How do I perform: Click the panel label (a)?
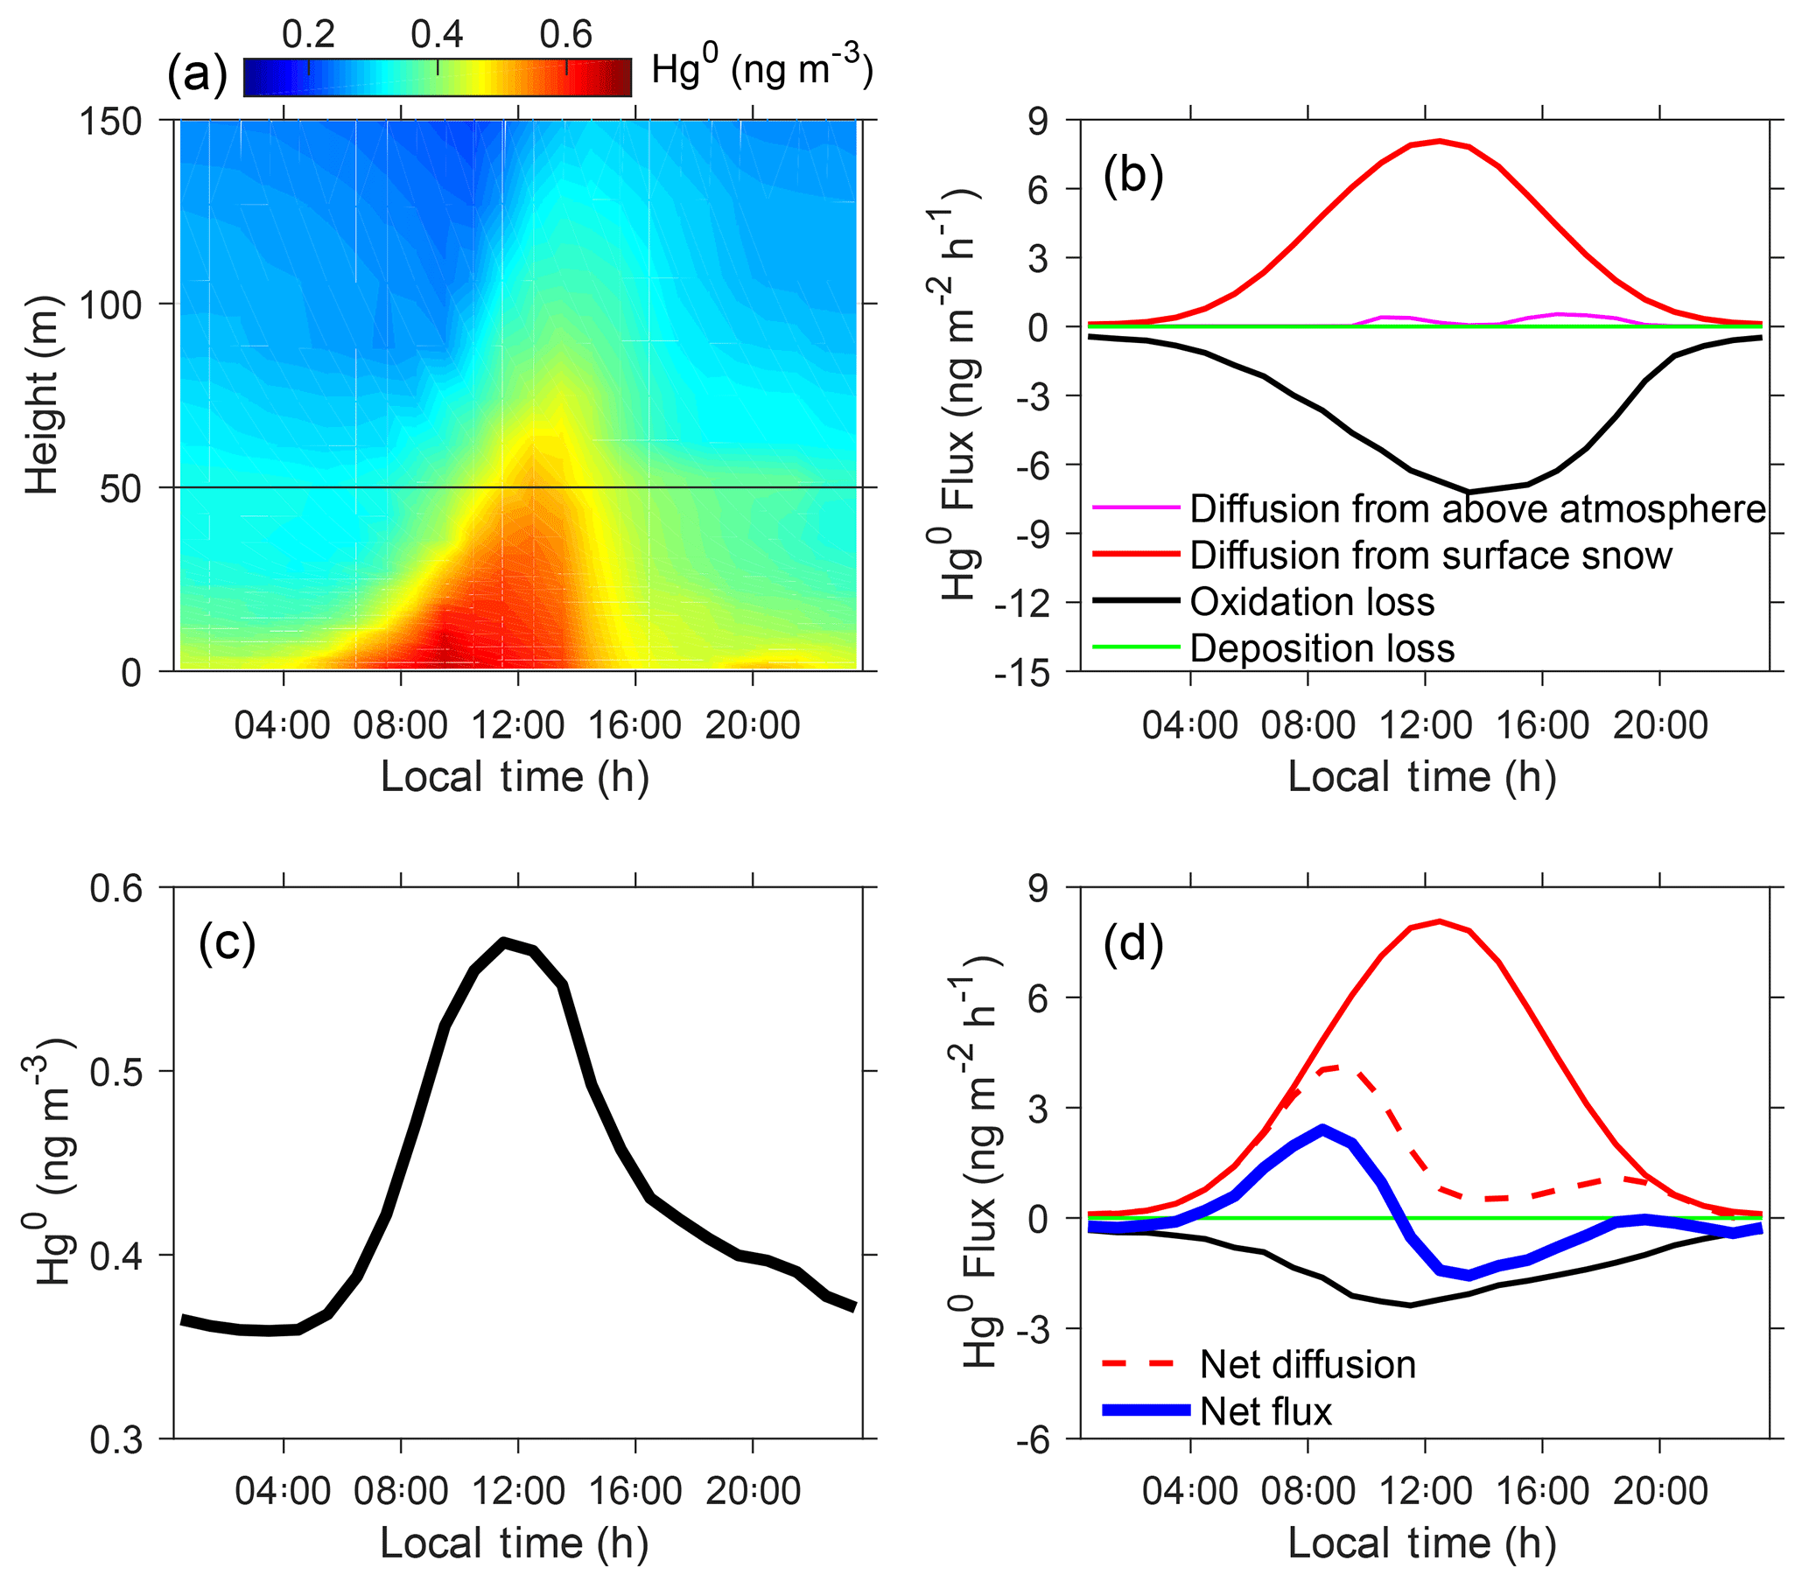[197, 73]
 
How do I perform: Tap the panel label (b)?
[1133, 175]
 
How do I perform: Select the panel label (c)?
[227, 944]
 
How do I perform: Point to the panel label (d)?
[1133, 944]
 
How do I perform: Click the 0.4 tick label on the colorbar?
[437, 34]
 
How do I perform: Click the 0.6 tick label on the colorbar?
[565, 34]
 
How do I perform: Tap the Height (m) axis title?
[41, 395]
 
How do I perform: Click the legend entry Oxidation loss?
[1312, 602]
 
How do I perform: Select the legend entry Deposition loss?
[1322, 648]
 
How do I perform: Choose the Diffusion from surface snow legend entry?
[1430, 556]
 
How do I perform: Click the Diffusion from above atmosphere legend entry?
[1476, 509]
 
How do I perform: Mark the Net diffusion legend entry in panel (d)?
[1308, 1365]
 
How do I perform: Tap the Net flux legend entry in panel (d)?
[1265, 1411]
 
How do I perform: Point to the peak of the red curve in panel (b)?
[1439, 141]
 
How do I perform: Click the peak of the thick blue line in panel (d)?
[1323, 1129]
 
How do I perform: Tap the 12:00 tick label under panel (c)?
[518, 1492]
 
